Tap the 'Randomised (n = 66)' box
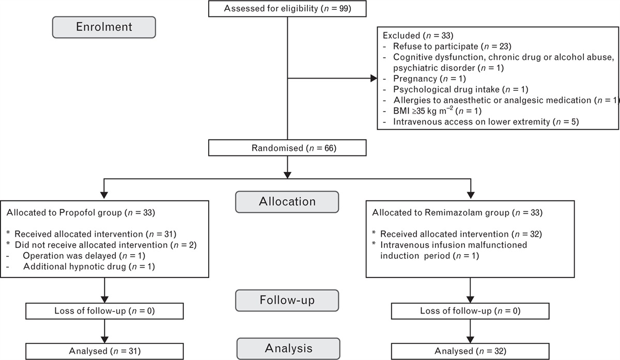tap(286, 149)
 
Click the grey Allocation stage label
tap(287, 201)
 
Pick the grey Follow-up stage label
tap(287, 300)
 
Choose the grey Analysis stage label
tap(288, 348)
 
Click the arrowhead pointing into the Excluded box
tap(374, 79)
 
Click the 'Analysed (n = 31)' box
tap(104, 351)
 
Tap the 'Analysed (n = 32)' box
tap(470, 351)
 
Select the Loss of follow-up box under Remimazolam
tap(470, 311)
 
